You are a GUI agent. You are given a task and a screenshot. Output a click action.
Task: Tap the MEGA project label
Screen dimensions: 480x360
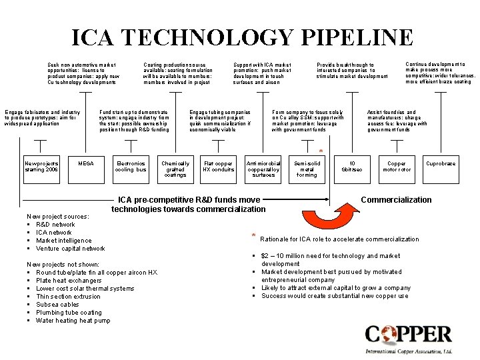[x=86, y=163]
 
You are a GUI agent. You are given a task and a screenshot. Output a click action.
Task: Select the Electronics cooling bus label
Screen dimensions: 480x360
[x=131, y=167]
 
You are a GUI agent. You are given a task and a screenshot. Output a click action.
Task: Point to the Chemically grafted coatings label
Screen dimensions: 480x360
[x=175, y=169]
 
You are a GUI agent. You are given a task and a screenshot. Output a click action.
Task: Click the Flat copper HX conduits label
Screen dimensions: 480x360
[x=219, y=167]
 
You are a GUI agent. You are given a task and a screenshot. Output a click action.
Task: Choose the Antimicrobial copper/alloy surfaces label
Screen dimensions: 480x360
[x=264, y=169]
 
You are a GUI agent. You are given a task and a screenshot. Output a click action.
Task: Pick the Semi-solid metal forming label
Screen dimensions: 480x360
[x=307, y=169]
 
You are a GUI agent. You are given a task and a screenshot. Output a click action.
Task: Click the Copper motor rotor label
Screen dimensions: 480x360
[x=396, y=167]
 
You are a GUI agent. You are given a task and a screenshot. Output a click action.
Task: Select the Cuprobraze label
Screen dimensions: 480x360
[x=441, y=163]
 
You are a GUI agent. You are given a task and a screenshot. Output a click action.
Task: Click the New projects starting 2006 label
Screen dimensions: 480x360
[x=41, y=167]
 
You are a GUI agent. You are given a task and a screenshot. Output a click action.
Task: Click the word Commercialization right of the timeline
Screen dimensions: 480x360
[x=396, y=200]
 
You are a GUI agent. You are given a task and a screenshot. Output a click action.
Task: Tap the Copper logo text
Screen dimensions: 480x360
[x=408, y=334]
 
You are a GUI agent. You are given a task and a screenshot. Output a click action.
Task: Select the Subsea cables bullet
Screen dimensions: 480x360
[x=58, y=305]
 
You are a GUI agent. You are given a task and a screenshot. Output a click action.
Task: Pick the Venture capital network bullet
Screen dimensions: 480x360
[x=70, y=249]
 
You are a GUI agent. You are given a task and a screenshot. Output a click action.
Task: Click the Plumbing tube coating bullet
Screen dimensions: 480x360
[x=69, y=313]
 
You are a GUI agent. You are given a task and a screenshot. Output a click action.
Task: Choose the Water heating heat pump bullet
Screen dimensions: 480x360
[x=73, y=321]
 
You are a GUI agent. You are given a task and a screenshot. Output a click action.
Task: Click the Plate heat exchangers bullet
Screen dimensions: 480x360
[x=70, y=281]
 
